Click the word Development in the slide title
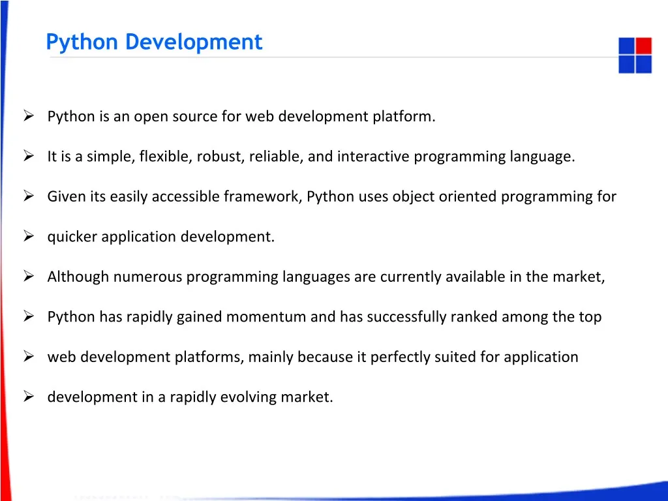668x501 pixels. pyautogui.click(x=194, y=42)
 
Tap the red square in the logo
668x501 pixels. pyautogui.click(x=643, y=46)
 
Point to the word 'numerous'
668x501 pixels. pyautogui.click(x=148, y=277)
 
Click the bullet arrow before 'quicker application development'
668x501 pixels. pyautogui.click(x=29, y=236)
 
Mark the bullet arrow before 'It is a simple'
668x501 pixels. pyautogui.click(x=29, y=156)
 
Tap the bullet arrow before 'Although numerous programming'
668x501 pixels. pyautogui.click(x=29, y=277)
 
